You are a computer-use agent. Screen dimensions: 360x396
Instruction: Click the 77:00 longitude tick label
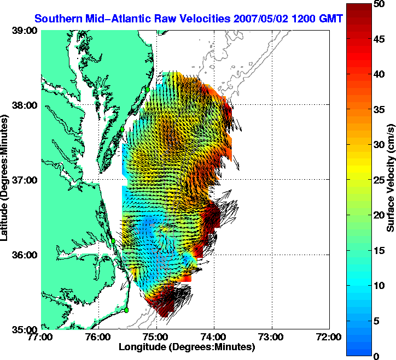coord(42,337)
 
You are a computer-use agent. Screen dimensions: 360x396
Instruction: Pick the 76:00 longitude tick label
coord(99,337)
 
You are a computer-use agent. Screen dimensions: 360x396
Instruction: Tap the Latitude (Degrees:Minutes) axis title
coord(5,180)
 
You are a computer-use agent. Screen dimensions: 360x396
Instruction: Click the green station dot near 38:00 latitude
coord(147,88)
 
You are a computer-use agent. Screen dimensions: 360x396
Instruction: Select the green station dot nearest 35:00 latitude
coord(126,310)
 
